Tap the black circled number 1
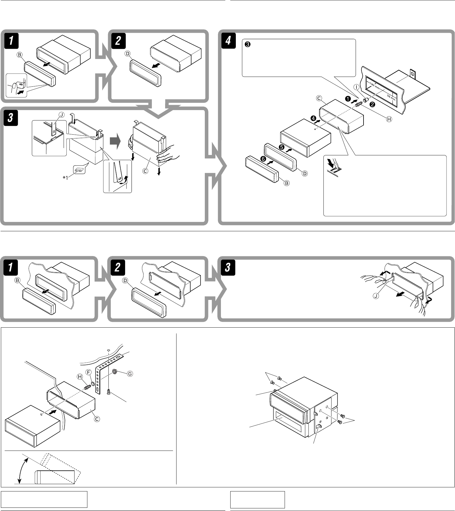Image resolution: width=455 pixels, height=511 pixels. (x=348, y=99)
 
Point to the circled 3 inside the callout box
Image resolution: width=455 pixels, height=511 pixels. (x=247, y=45)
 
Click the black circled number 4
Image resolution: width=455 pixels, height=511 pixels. (x=313, y=119)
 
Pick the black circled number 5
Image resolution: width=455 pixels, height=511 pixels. (x=281, y=147)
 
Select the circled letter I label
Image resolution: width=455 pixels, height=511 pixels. (x=356, y=87)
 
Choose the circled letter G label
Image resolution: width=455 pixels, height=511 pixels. (x=129, y=373)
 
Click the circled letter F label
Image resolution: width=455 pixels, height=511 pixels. (x=89, y=372)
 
